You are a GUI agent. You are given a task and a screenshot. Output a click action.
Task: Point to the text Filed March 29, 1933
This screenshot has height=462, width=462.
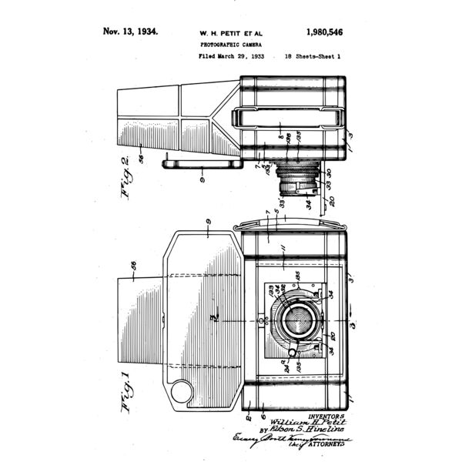[x=232, y=57]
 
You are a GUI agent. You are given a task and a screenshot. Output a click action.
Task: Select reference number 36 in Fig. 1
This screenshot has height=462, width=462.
[x=134, y=265]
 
